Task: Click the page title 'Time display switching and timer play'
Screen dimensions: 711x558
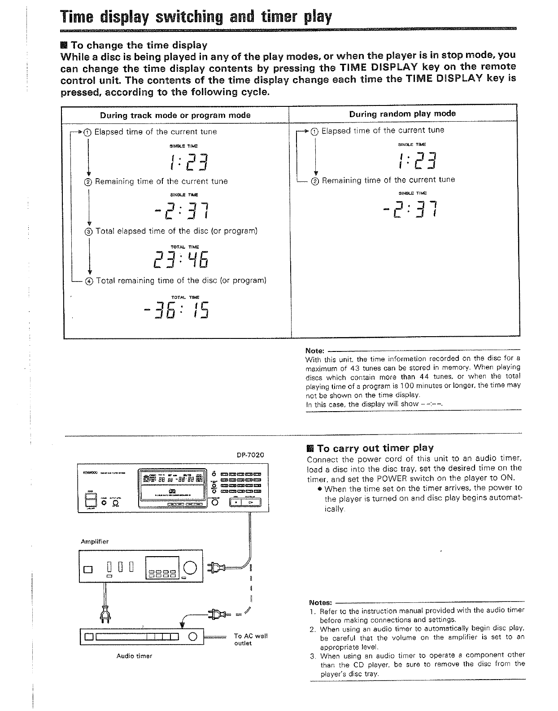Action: (x=196, y=17)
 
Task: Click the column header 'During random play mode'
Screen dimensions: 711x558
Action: (x=402, y=114)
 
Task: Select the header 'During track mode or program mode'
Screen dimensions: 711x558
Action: (x=175, y=115)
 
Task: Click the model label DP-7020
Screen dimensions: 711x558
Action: (x=250, y=455)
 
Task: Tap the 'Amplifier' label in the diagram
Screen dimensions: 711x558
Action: (x=95, y=542)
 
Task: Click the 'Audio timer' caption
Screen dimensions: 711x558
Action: (x=134, y=656)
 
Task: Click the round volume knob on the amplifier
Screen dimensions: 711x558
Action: (x=190, y=568)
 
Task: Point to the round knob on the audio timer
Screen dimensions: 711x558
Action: (x=193, y=636)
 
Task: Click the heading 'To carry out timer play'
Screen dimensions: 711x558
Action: (x=375, y=448)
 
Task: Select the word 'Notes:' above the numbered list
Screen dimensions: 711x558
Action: (x=321, y=602)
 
